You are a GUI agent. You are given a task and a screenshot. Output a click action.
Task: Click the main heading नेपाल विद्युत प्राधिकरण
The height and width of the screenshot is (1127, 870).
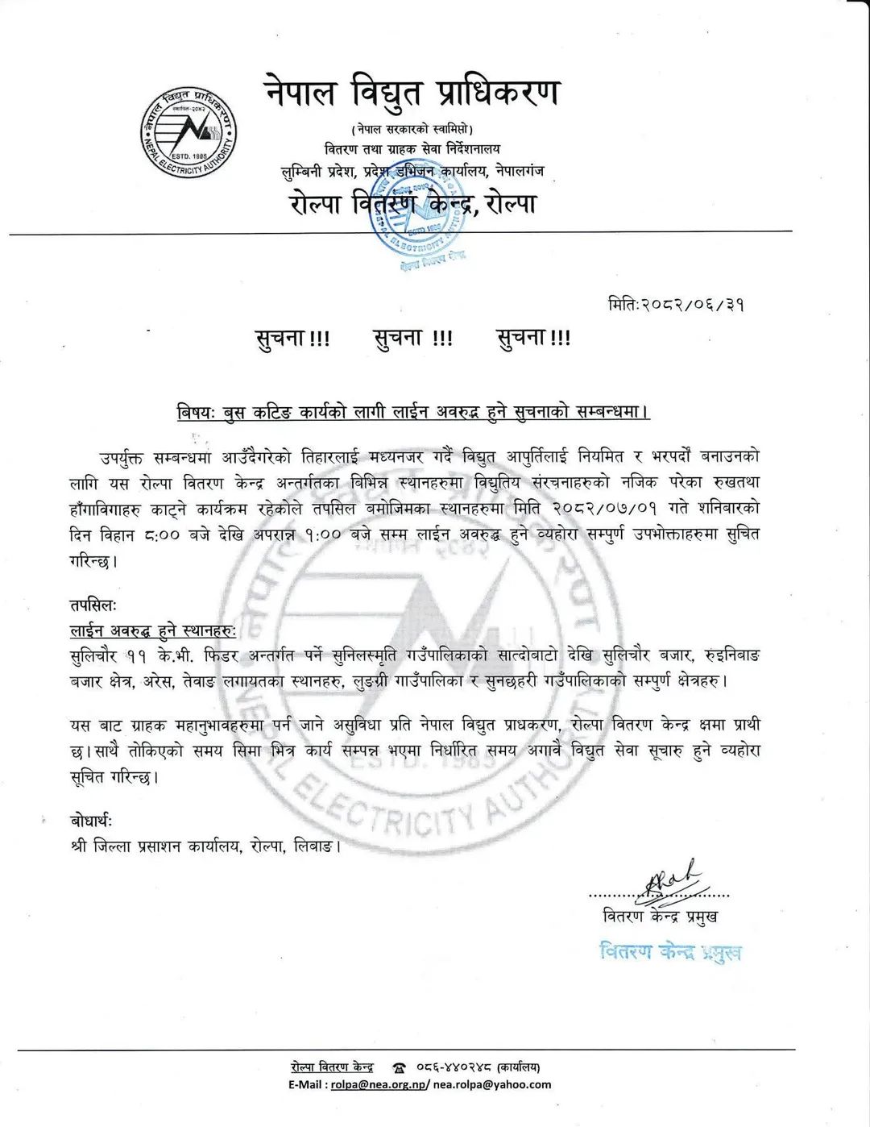(411, 94)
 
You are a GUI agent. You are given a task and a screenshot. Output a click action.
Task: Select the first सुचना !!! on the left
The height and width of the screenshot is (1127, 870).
(292, 339)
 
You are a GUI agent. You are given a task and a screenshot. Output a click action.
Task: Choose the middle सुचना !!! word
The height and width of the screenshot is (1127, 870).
(413, 339)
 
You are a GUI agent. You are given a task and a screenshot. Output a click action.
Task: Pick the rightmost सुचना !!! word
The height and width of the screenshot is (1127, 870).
(533, 339)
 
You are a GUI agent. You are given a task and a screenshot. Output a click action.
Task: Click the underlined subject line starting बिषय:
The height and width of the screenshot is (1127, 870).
(413, 412)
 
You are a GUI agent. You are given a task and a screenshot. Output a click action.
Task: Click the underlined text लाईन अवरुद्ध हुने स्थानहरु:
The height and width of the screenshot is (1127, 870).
(152, 630)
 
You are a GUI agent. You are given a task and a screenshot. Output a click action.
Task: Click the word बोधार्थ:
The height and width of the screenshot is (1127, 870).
(92, 821)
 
